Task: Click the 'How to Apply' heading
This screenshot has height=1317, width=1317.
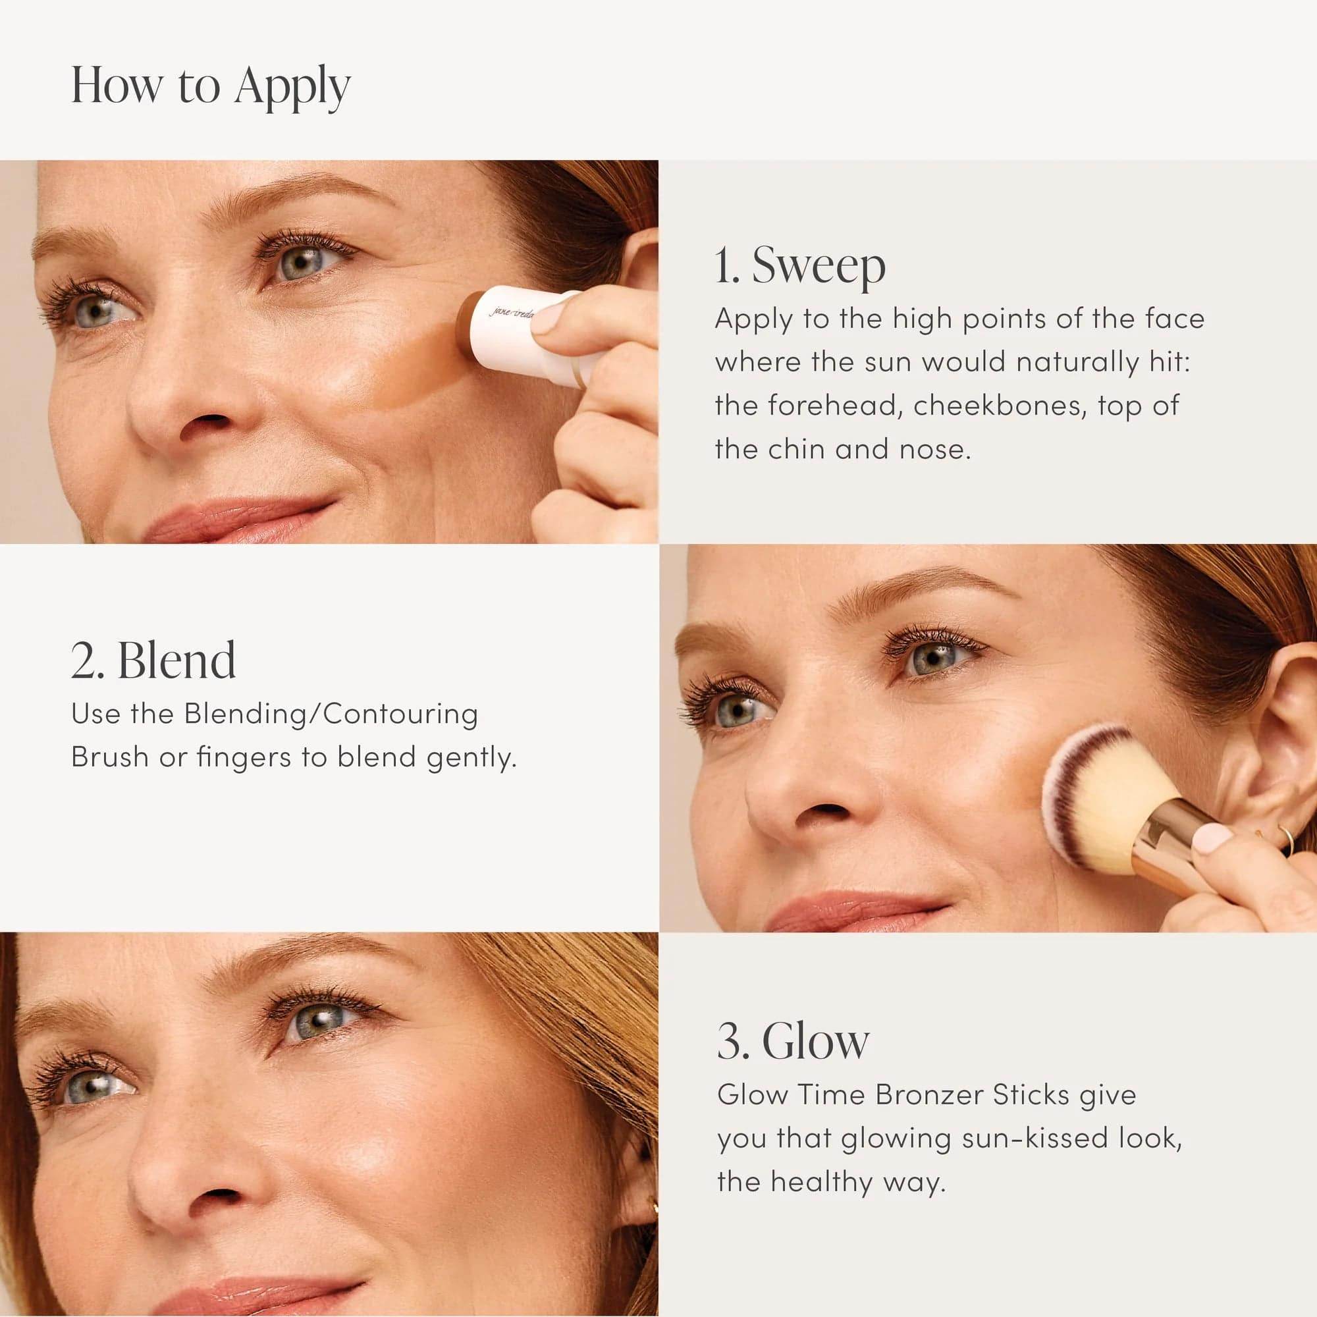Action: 211,86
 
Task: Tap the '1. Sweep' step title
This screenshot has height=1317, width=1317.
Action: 799,266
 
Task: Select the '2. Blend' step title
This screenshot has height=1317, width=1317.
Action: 153,660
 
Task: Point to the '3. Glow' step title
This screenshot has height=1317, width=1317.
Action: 793,1041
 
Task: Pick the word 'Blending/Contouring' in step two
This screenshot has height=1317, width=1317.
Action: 331,714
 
